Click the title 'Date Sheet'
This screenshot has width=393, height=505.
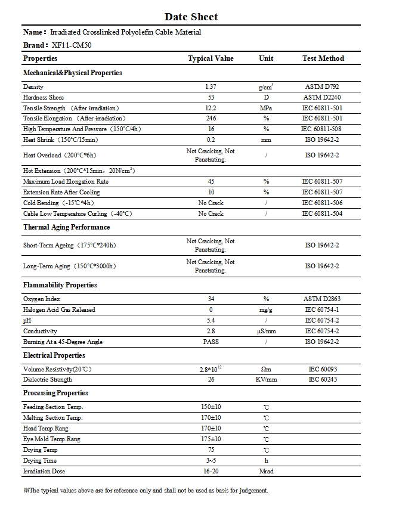pos(191,17)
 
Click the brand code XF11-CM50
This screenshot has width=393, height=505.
pos(68,45)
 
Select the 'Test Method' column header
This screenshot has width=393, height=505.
pos(323,58)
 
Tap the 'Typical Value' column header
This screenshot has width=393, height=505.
pos(211,58)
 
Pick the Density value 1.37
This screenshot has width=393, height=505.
pos(211,87)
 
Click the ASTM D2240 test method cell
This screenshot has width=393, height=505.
pos(323,97)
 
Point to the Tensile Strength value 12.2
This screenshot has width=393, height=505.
pos(211,108)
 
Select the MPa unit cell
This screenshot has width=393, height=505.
pos(266,108)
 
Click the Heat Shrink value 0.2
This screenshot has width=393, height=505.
pos(211,140)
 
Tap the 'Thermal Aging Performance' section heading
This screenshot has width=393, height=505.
pos(67,227)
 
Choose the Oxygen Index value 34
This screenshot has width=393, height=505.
pos(211,299)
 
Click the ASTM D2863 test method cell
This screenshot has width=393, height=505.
pos(323,299)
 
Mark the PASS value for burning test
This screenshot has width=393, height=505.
pos(211,342)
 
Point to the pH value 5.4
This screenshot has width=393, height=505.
pos(211,320)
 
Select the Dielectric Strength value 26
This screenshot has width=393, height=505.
pos(211,379)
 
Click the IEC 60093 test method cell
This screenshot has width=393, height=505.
pos(323,369)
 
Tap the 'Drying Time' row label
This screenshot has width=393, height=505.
pos(40,461)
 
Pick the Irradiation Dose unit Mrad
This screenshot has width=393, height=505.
pos(266,472)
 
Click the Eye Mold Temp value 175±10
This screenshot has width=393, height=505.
pos(211,439)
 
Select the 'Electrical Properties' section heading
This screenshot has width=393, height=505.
pos(54,355)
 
